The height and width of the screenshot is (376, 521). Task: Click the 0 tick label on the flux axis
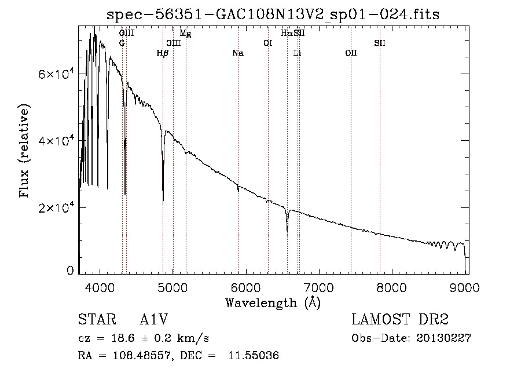[71, 270]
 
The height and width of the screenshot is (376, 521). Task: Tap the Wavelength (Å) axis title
[273, 302]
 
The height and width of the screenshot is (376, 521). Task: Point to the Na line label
[237, 53]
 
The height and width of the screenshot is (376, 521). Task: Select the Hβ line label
[163, 53]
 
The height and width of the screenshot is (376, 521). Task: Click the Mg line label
[185, 34]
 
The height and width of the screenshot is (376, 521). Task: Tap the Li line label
[297, 53]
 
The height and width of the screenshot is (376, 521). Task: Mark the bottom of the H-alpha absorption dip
[287, 230]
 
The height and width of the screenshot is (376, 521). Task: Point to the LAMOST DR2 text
[400, 320]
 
